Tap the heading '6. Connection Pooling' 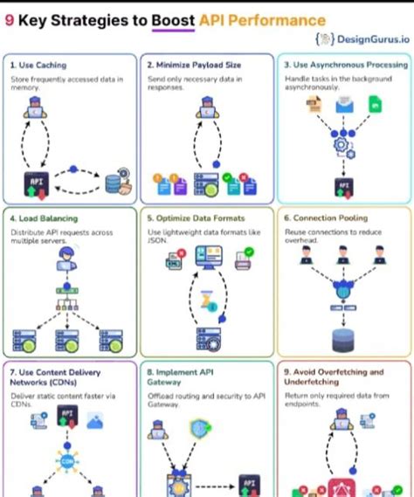326,218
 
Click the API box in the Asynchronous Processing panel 342,185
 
